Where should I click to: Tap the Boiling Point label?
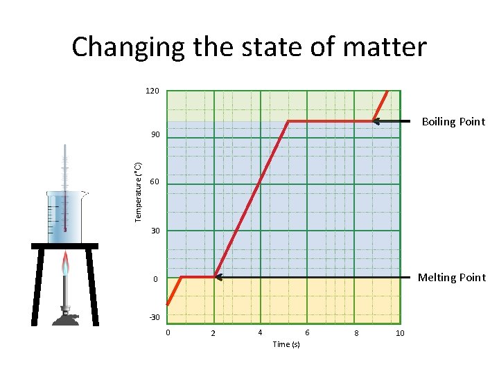click(453, 122)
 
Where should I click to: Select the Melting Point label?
click(451, 278)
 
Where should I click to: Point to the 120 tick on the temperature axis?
click(152, 91)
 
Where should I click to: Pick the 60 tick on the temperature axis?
click(154, 182)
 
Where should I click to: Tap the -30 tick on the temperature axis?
click(153, 317)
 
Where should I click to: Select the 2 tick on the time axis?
click(213, 335)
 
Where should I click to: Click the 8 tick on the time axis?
click(356, 334)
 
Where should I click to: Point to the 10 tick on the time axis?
click(400, 334)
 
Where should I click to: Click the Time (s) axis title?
click(286, 344)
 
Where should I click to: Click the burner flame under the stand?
click(66, 264)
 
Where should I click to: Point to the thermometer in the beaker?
click(64, 187)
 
